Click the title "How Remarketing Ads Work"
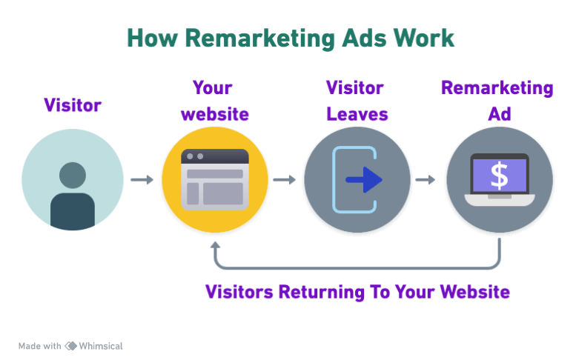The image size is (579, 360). [x=290, y=39]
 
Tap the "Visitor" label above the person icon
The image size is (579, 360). [x=72, y=105]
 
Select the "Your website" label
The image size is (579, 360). [x=214, y=101]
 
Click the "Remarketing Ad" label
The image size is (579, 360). [x=497, y=101]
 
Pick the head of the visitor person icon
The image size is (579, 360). [x=72, y=175]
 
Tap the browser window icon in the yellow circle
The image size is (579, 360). [x=215, y=179]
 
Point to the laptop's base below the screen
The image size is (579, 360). [x=499, y=199]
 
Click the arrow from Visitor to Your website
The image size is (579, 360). [x=142, y=179]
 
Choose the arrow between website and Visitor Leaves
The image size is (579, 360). [x=284, y=179]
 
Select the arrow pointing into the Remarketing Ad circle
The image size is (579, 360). [x=426, y=179]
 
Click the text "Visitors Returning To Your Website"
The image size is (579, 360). [x=357, y=291]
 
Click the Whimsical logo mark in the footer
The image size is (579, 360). [x=71, y=346]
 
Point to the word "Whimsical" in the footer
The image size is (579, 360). [x=101, y=346]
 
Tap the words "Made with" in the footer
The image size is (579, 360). [x=39, y=346]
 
